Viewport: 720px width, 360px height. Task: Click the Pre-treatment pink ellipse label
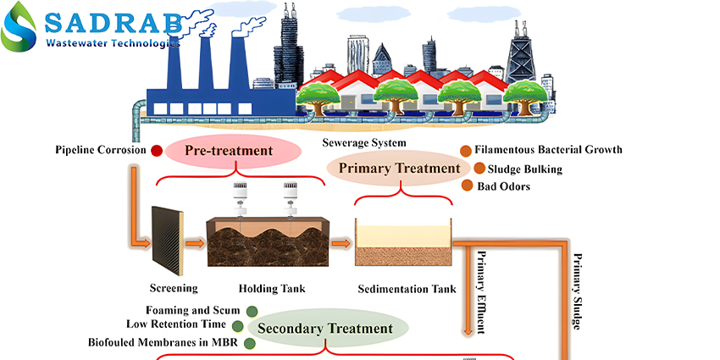tap(233, 151)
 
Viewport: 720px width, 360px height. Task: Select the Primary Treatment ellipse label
tap(399, 168)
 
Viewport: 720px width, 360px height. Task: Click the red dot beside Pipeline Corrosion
tap(157, 151)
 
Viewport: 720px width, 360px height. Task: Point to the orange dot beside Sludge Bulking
tap(479, 169)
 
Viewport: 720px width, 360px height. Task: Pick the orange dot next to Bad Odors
tap(467, 186)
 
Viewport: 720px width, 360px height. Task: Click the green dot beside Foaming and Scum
tap(252, 312)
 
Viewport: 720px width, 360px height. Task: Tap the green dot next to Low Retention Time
tap(237, 326)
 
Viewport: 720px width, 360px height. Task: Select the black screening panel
tap(168, 241)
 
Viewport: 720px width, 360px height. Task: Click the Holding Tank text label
tap(272, 289)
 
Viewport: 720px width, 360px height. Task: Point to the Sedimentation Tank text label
tap(407, 289)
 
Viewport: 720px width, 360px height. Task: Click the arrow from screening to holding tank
tap(195, 242)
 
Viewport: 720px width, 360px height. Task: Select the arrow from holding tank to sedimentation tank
tap(341, 242)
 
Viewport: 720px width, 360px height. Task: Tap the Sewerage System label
tap(364, 142)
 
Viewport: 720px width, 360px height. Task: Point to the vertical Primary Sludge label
tap(578, 291)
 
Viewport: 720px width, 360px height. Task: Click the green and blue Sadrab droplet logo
tap(19, 26)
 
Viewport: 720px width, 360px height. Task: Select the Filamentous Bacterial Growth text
tap(548, 149)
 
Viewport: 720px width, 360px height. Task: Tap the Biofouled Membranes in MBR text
tap(165, 342)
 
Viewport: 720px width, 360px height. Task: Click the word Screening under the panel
tap(174, 288)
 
